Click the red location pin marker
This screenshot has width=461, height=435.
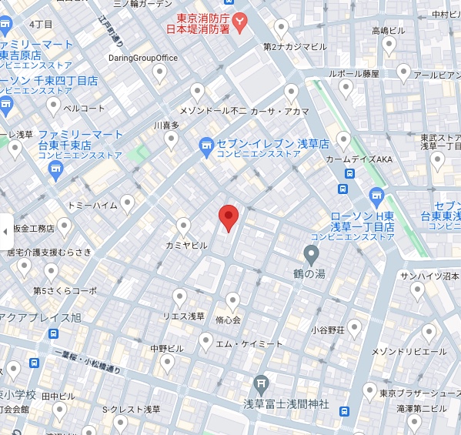[x=229, y=218]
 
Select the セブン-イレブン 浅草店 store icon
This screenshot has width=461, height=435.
[x=206, y=145]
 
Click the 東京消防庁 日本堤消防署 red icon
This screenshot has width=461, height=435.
[x=240, y=23]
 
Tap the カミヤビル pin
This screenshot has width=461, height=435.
[x=183, y=226]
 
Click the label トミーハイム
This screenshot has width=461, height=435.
[x=92, y=206]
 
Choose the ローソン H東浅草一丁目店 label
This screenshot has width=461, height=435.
[x=362, y=222]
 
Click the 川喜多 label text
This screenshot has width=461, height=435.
[x=166, y=125]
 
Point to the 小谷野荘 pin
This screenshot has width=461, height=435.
[x=355, y=327]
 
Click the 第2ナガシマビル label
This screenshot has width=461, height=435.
[x=295, y=47]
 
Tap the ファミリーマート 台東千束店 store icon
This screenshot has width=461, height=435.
[x=55, y=171]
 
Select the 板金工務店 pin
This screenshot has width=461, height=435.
[x=64, y=226]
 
